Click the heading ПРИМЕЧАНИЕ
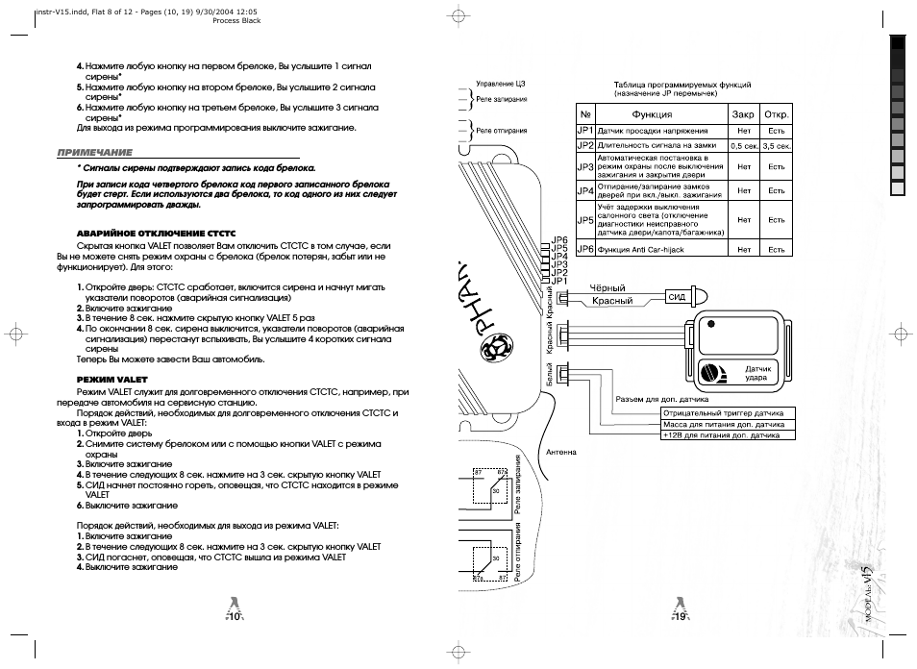pos(94,153)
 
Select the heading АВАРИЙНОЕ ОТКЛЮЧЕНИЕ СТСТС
pos(156,234)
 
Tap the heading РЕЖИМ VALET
pos(105,379)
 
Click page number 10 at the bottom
pos(234,617)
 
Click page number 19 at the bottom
pos(680,617)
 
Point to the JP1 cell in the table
pos(584,130)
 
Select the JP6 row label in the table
pos(584,249)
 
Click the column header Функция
pos(652,113)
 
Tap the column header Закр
pos(742,113)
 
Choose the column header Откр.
pos(777,113)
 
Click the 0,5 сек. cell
pos(743,146)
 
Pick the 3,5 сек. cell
pos(777,146)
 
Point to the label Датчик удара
pos(756,374)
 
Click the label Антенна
pos(561,452)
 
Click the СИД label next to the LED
pos(676,297)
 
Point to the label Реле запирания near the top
pos(502,99)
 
